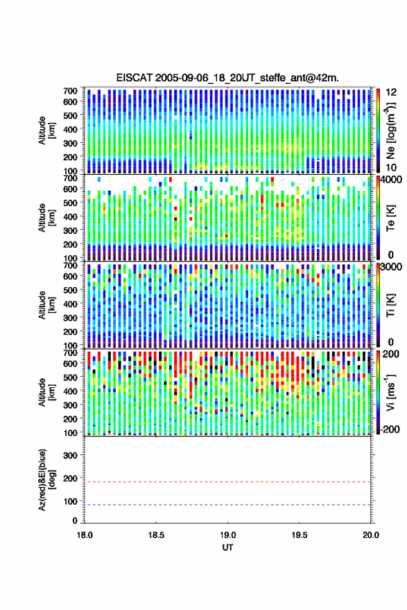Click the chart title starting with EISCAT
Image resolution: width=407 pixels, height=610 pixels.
(x=227, y=78)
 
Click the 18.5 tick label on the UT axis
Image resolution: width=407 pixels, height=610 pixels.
(x=156, y=535)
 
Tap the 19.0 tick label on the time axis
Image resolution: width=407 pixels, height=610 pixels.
(x=227, y=535)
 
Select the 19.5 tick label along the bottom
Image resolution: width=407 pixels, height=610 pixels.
(x=299, y=535)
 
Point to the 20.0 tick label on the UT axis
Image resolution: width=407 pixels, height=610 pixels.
(x=371, y=535)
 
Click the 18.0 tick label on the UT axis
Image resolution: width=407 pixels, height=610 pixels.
(x=85, y=535)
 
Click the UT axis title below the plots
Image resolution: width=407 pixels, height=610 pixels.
(x=227, y=548)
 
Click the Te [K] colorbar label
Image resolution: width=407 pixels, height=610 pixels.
(x=390, y=218)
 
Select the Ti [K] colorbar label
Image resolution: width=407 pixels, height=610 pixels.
(x=390, y=305)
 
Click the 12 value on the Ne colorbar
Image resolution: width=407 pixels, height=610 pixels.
(x=392, y=92)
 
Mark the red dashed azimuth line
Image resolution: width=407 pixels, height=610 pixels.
(x=228, y=482)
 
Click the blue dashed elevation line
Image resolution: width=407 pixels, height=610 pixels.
(x=228, y=505)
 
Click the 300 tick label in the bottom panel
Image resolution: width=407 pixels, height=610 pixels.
(x=71, y=455)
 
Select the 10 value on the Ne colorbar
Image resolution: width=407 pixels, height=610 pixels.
(x=392, y=168)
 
